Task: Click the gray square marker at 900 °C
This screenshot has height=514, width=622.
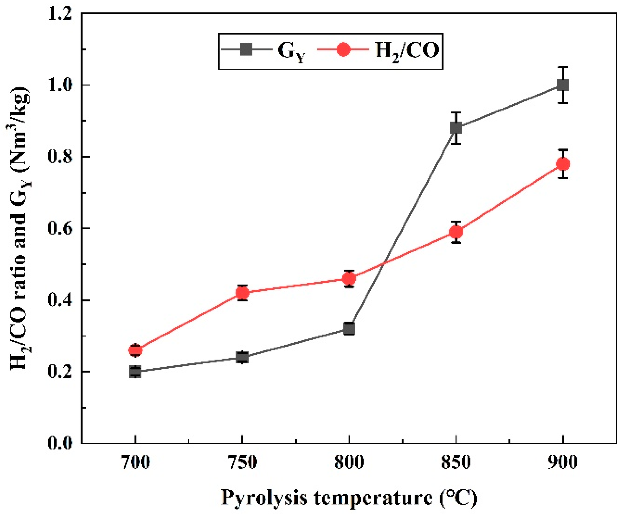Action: (563, 85)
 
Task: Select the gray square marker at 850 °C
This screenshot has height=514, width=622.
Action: (456, 128)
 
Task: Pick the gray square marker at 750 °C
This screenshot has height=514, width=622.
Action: (242, 357)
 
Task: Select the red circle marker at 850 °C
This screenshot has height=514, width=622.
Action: (456, 232)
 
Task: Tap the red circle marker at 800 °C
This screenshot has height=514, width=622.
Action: (349, 279)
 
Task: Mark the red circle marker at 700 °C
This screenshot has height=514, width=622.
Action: (135, 351)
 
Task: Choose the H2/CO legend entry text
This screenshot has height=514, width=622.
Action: (407, 51)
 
